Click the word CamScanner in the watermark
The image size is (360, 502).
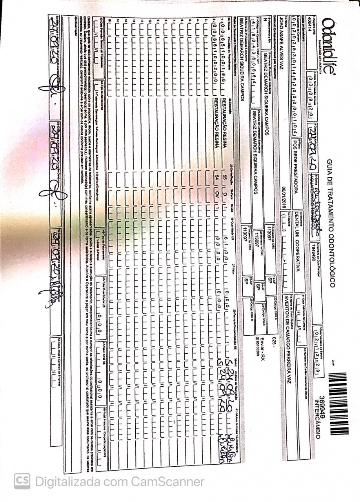point(167,481)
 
